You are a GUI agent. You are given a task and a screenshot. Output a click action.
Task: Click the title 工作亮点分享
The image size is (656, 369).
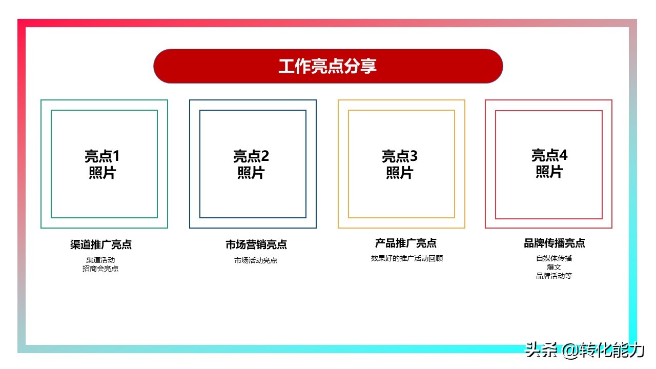click(x=328, y=66)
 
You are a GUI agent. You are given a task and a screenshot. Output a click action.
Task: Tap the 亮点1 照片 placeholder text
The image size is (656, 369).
click(x=102, y=164)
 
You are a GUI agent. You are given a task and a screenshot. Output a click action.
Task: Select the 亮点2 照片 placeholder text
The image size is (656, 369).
click(x=251, y=164)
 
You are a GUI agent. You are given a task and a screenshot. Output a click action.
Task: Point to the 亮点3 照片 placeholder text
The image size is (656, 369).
click(x=399, y=164)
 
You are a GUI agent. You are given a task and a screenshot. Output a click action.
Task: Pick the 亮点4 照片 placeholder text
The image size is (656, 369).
click(x=549, y=163)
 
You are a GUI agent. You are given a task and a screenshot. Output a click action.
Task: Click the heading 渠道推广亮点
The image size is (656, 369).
click(x=101, y=244)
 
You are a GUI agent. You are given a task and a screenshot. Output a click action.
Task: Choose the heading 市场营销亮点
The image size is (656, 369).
click(x=256, y=244)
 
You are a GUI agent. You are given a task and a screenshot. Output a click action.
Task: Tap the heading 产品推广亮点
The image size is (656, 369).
click(x=406, y=243)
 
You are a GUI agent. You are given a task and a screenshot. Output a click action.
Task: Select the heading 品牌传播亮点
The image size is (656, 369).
click(x=555, y=243)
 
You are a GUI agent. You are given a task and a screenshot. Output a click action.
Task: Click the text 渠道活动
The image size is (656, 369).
click(x=100, y=260)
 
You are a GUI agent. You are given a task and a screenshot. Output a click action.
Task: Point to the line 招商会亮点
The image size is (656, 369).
click(x=100, y=268)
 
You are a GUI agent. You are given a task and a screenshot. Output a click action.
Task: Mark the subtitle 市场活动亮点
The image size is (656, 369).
click(x=256, y=260)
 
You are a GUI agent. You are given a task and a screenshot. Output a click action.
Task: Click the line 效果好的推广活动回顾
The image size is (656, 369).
click(x=406, y=258)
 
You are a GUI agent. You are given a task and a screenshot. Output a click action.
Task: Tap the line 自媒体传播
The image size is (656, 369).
click(x=554, y=258)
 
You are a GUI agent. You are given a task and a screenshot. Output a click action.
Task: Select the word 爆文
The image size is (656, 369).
click(x=554, y=267)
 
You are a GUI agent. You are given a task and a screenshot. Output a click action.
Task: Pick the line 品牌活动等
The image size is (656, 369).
click(x=554, y=276)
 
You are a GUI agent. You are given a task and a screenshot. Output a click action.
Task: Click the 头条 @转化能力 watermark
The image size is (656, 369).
click(x=584, y=351)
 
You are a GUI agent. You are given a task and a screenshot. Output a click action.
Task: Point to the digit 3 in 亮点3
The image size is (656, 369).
click(x=414, y=156)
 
